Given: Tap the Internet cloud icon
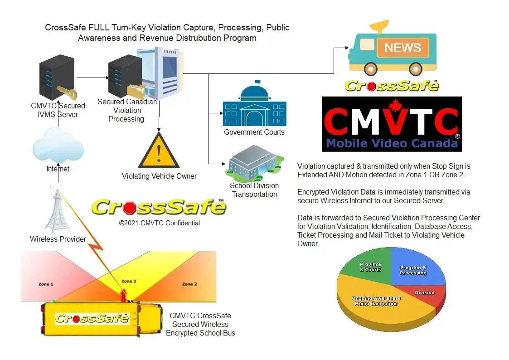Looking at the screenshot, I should [53, 146].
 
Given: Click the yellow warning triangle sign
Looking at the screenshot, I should [159, 152].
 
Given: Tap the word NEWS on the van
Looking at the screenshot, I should [402, 48].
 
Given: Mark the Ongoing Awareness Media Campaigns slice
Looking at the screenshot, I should [376, 304].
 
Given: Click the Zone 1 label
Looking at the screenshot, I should [46, 284].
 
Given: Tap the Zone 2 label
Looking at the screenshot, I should [189, 284].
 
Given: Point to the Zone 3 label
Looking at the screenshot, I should [128, 282].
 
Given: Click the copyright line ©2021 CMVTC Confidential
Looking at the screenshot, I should [159, 223].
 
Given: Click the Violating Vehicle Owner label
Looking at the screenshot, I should [159, 176].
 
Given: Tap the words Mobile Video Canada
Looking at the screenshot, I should [392, 144].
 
